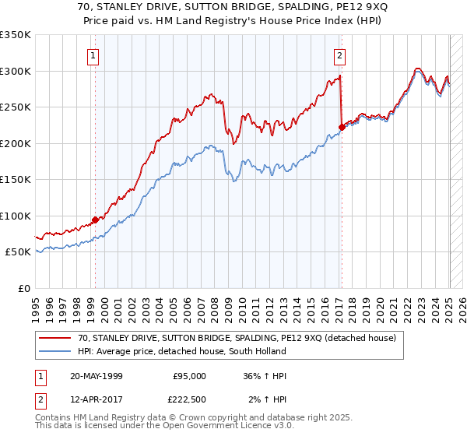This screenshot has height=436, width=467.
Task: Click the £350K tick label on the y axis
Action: pos(16,35)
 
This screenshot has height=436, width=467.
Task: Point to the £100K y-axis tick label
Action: pos(16,216)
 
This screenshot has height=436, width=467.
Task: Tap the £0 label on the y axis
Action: pos(25,288)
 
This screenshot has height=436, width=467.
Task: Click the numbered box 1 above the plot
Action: pos(93,55)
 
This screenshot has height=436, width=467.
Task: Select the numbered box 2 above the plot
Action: pos(340,55)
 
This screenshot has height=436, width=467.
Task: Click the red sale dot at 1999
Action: pos(95,220)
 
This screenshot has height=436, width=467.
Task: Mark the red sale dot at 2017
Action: pos(342,127)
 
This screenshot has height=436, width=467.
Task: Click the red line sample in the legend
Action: pos(54,338)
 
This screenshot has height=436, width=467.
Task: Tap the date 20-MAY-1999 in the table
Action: pos(96,375)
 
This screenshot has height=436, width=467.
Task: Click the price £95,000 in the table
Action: pos(189,375)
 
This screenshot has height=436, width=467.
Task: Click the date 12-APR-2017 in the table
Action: pos(96,399)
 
